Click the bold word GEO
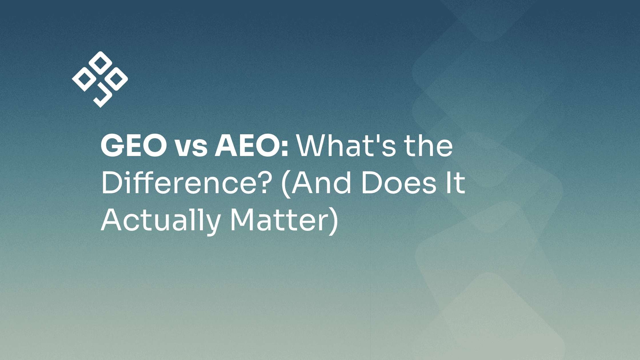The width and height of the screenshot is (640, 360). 134,146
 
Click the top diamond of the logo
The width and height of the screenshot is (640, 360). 100,63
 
